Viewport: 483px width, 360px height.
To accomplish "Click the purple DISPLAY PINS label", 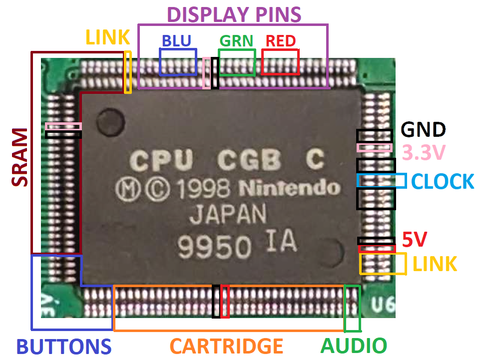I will [234, 14].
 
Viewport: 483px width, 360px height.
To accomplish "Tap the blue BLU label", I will [177, 40].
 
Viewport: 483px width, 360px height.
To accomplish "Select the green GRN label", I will [236, 40].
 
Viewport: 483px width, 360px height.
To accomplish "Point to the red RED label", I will [281, 40].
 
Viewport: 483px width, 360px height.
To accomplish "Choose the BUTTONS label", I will [63, 346].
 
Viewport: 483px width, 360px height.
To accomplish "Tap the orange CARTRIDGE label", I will [226, 346].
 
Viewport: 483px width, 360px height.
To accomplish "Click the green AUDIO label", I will [354, 346].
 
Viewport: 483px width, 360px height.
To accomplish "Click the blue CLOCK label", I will [442, 181].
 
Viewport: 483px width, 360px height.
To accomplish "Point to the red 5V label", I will [415, 240].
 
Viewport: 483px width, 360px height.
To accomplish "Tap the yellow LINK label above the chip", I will [107, 37].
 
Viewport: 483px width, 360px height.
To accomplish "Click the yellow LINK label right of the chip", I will [434, 263].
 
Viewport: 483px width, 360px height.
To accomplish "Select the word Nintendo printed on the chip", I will [289, 188].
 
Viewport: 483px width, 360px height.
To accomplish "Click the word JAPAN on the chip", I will [227, 216].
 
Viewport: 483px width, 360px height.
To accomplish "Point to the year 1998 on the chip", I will [208, 188].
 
